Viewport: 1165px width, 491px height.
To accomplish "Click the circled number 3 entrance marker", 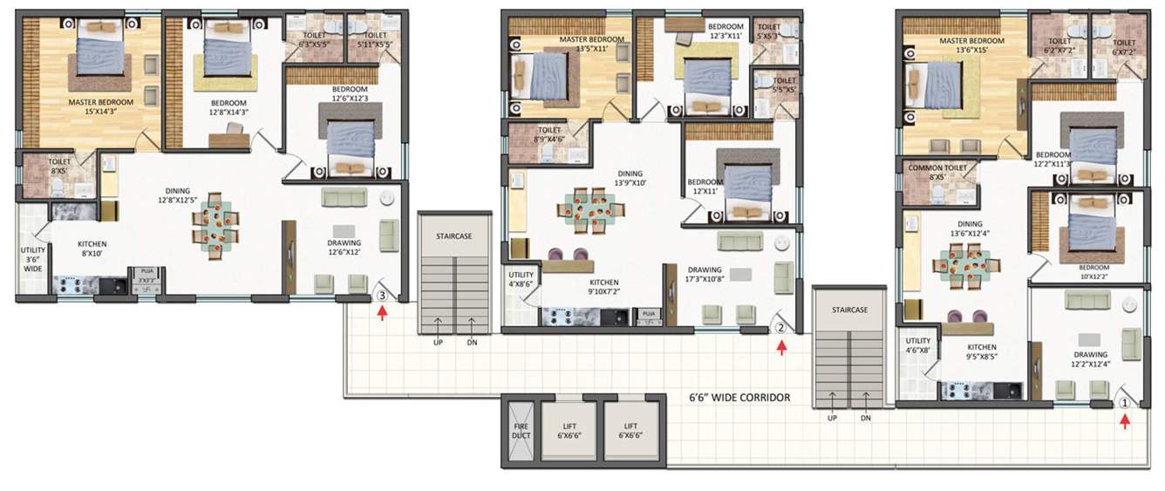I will pos(382,296).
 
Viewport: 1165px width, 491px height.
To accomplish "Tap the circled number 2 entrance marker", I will pos(781,329).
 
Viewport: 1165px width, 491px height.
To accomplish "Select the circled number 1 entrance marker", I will pos(1125,403).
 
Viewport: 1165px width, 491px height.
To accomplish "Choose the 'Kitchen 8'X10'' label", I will pos(93,249).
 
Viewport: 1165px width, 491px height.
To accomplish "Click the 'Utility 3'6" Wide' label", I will pos(32,260).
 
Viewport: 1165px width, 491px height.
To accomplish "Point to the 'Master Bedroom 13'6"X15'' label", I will pos(968,46).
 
